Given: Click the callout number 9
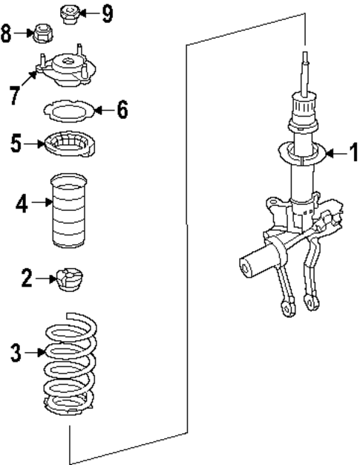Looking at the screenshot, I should [x=107, y=13].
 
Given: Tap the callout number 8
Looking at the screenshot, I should [x=7, y=33].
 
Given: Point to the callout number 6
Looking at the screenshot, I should [x=121, y=110].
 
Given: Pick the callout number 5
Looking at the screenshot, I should [x=16, y=143].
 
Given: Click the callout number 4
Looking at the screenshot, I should [x=22, y=203].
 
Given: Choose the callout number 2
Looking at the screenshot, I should [x=27, y=279].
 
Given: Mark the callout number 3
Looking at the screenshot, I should [x=17, y=351].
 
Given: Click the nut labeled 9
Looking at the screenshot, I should [x=68, y=13].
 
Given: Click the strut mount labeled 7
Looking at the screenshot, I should [x=68, y=71].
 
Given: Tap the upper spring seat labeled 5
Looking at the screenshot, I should [x=69, y=143].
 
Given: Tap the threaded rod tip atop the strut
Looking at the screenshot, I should [x=304, y=59].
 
